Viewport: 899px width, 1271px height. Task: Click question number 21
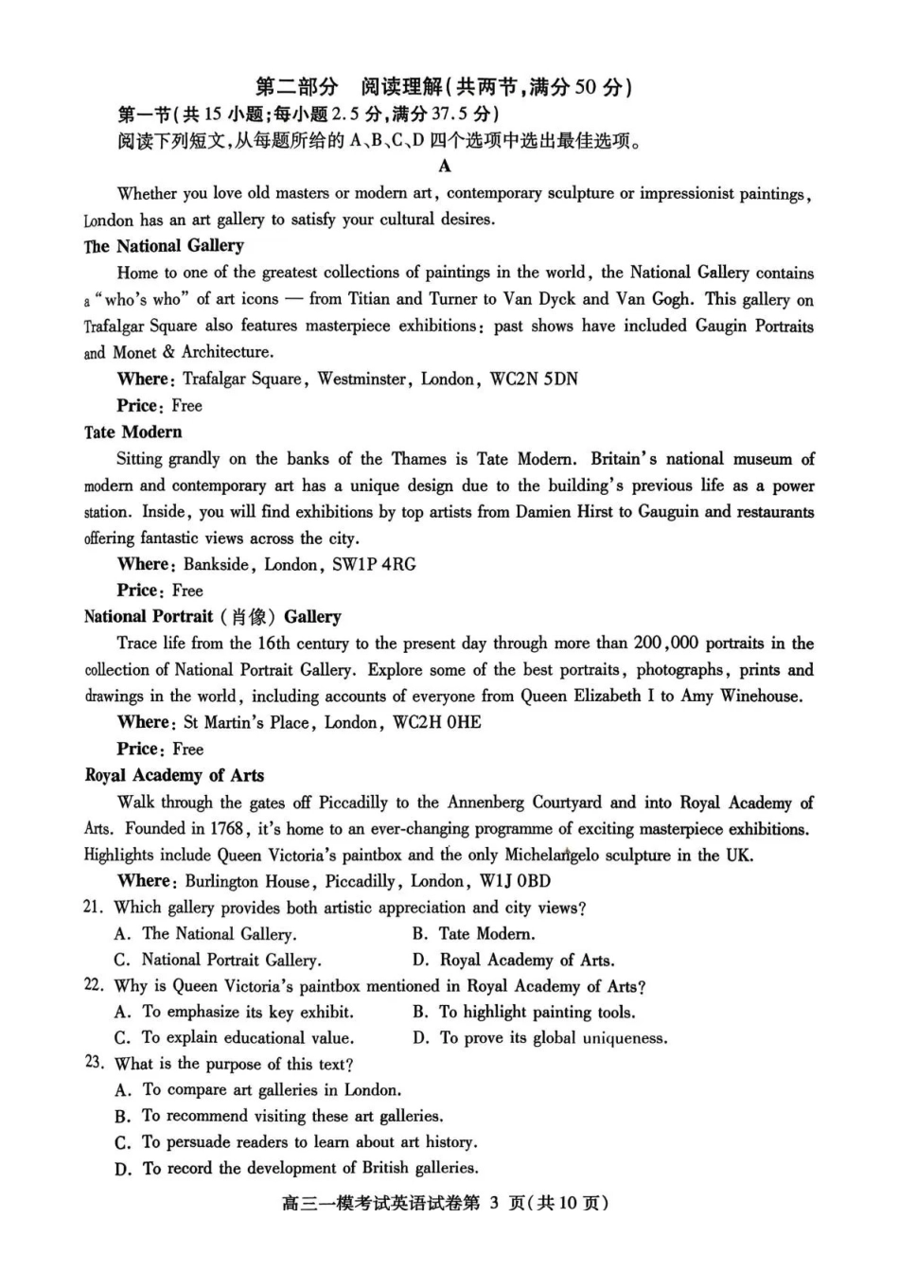(x=93, y=908)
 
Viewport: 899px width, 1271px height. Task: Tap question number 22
(x=93, y=985)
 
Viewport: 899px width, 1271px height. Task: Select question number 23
(x=94, y=1063)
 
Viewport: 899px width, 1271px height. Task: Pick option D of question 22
(x=539, y=1038)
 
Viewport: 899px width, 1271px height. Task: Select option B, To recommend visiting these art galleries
(x=280, y=1117)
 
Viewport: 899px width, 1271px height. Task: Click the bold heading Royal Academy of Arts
(x=174, y=776)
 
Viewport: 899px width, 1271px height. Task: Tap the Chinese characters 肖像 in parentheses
(x=249, y=617)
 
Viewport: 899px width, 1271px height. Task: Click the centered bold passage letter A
(x=445, y=167)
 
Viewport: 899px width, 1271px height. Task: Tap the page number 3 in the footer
(x=494, y=1204)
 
